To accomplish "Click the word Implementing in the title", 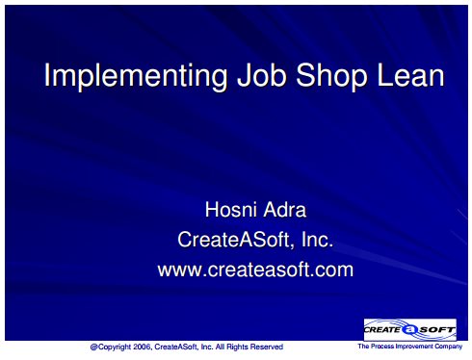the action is (136, 76).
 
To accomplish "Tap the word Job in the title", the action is (261, 75).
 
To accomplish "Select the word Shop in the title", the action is (331, 76).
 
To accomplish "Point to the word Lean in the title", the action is (410, 75).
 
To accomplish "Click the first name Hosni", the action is (231, 210).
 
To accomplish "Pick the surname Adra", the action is (285, 210).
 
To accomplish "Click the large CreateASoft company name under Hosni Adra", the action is (234, 240).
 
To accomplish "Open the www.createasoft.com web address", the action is (255, 270).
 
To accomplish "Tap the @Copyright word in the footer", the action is (111, 347).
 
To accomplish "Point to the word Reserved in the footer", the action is (267, 347).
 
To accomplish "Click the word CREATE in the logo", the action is (382, 329).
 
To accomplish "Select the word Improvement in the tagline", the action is (414, 347).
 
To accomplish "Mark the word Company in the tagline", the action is (449, 347).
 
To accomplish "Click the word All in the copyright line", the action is (220, 347).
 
